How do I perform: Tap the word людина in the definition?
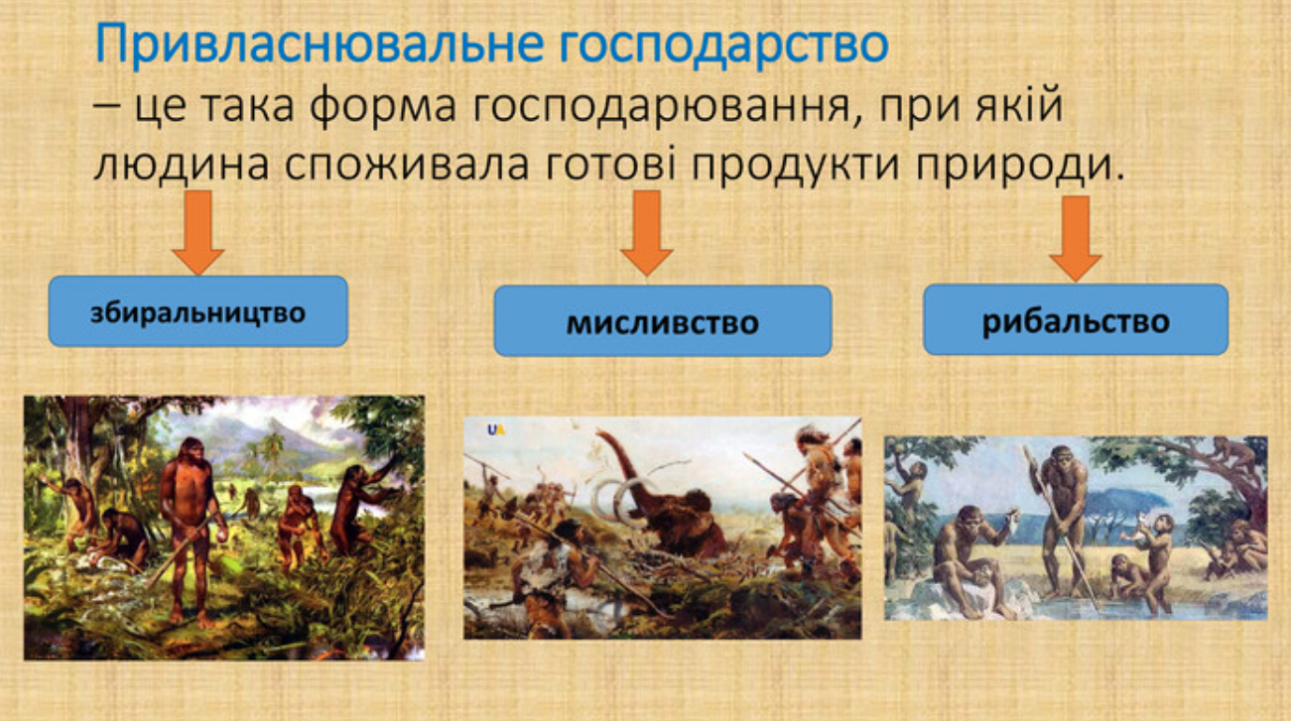(x=182, y=165)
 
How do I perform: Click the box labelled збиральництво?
(x=197, y=311)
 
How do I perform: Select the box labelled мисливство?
(x=662, y=321)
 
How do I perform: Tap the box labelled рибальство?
(x=1075, y=319)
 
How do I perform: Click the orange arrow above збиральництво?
(x=197, y=232)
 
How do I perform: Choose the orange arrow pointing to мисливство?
(x=647, y=232)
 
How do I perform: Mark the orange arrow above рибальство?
(x=1075, y=237)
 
